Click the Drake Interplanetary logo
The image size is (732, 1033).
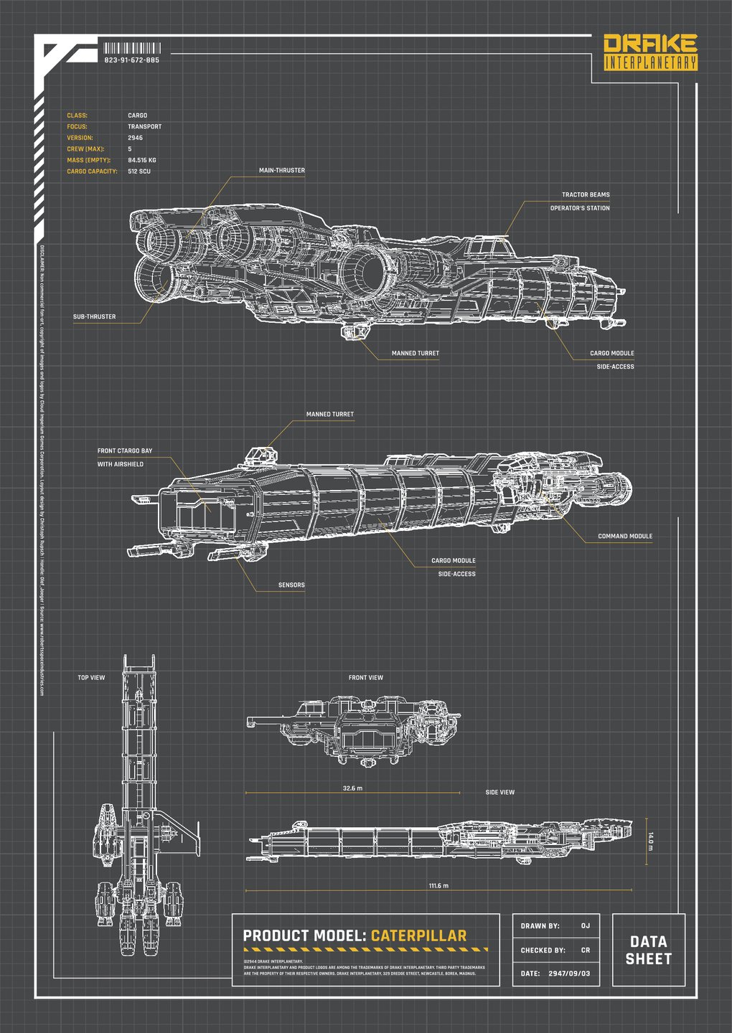pos(650,52)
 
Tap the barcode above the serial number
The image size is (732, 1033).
pos(132,48)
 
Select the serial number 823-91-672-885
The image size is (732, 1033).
pos(132,60)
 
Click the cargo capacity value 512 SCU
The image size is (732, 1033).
pos(139,171)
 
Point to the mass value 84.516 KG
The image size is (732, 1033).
pos(142,160)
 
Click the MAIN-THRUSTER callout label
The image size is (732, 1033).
pos(282,171)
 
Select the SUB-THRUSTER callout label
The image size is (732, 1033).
pos(94,316)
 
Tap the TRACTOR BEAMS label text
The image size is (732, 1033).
pos(586,194)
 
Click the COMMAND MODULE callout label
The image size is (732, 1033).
pos(625,536)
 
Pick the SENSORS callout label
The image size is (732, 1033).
pos(291,585)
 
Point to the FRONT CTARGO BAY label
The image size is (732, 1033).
pos(125,451)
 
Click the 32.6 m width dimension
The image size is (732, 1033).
pos(352,788)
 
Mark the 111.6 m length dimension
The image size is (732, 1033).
pos(438,886)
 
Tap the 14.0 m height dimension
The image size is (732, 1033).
pos(651,841)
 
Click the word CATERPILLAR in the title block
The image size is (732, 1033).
pos(418,935)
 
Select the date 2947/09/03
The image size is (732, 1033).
pos(569,973)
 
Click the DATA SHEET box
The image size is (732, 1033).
pos(649,950)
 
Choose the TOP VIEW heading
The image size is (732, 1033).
pos(91,677)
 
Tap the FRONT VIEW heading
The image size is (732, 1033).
pos(366,677)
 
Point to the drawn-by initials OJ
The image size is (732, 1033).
pos(586,926)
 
